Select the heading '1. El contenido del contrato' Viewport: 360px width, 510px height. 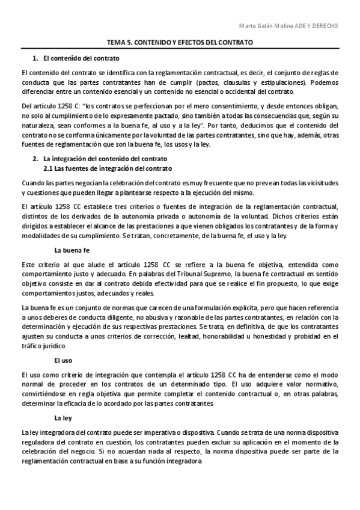(76, 58)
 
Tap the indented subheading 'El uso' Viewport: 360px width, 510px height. (63, 360)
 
